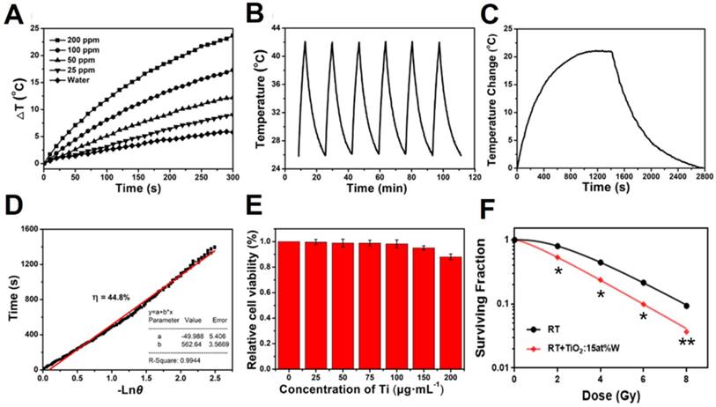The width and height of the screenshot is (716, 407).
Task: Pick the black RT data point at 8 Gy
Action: click(x=686, y=306)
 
